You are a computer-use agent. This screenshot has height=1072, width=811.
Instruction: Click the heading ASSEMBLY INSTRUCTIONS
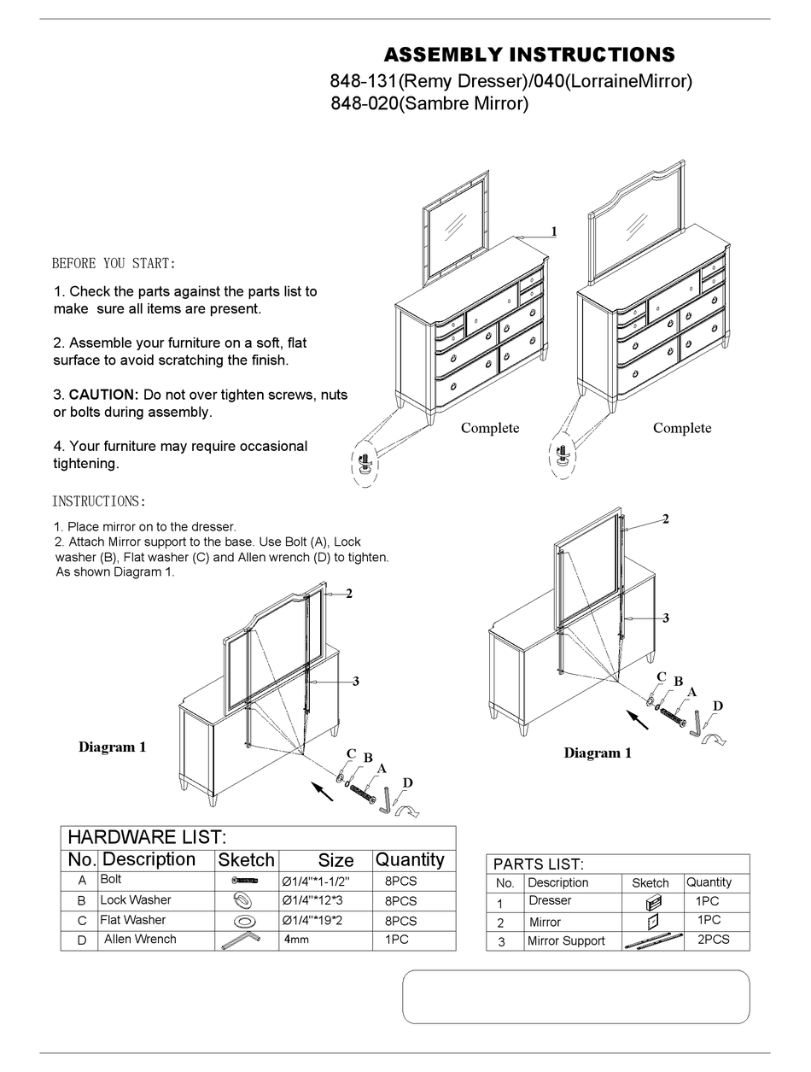tap(528, 56)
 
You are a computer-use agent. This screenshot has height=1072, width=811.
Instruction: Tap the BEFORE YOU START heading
tap(114, 263)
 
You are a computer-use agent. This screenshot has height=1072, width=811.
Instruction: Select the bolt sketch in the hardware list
tap(245, 880)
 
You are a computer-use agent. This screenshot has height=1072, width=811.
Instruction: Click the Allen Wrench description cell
tap(140, 940)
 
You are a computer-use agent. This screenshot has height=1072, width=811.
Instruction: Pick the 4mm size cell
tap(297, 940)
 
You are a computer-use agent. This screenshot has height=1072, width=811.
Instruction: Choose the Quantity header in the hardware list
tap(410, 860)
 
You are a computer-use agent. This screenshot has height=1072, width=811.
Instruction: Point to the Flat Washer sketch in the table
tap(245, 921)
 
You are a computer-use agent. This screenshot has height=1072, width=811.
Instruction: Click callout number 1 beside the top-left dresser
tap(554, 231)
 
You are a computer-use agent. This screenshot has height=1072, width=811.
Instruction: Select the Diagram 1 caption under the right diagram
tap(598, 753)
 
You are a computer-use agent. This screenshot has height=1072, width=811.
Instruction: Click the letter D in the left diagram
tap(407, 782)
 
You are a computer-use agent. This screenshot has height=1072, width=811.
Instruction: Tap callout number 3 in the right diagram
tap(665, 618)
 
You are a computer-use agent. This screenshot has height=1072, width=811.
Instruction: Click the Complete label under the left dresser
tap(490, 428)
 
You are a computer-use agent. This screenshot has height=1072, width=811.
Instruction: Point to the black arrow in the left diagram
tap(322, 791)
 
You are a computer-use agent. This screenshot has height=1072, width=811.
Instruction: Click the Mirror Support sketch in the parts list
tap(653, 941)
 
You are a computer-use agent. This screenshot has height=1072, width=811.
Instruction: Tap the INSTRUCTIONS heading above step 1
tap(99, 501)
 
